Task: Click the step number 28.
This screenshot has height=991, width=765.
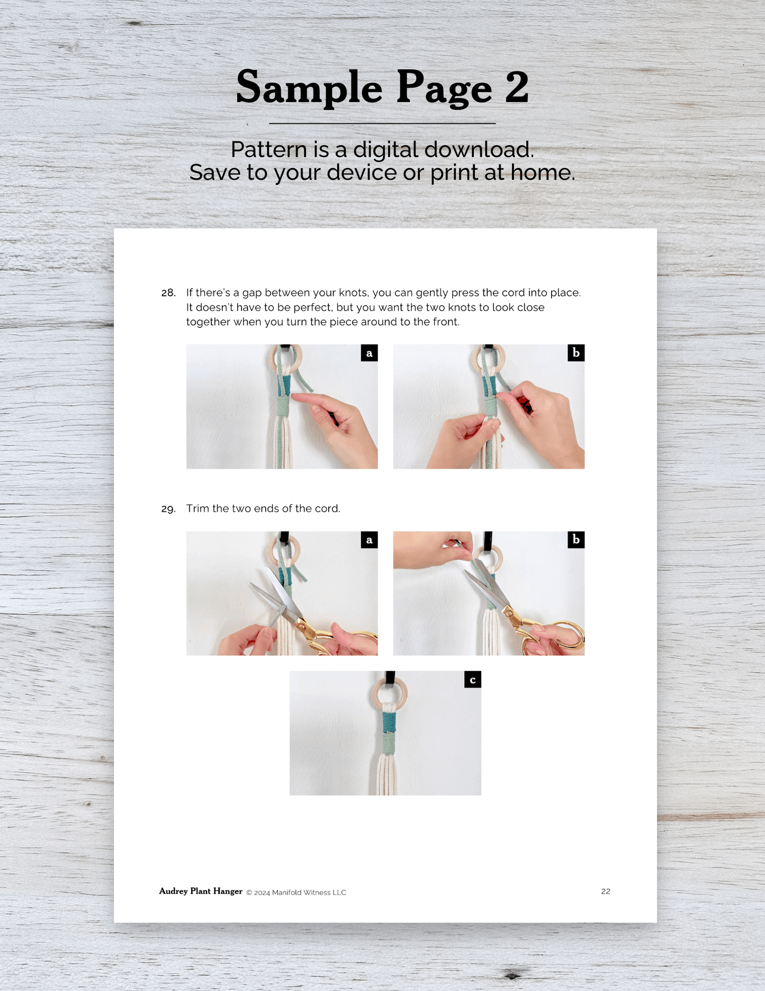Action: (x=168, y=293)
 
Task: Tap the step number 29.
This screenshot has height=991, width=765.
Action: (x=168, y=509)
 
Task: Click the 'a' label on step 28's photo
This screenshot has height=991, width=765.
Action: (x=369, y=353)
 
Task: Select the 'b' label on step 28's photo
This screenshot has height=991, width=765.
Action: (x=576, y=353)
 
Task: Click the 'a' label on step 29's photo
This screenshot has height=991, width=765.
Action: (x=369, y=540)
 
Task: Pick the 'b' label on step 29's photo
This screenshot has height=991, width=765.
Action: (x=576, y=540)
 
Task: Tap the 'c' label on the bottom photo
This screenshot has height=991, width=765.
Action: (x=473, y=680)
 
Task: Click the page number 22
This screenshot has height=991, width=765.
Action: (x=606, y=891)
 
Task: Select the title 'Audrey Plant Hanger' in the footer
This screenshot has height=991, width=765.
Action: (x=201, y=891)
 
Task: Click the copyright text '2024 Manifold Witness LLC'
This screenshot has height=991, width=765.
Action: (x=300, y=892)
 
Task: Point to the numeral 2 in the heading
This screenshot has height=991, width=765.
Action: (x=517, y=87)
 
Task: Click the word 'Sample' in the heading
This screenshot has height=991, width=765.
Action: (x=309, y=88)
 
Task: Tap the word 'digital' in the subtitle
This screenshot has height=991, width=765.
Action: (x=386, y=150)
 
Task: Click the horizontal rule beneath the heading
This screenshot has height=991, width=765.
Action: (x=382, y=123)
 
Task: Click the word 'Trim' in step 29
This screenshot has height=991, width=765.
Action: (x=197, y=508)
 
